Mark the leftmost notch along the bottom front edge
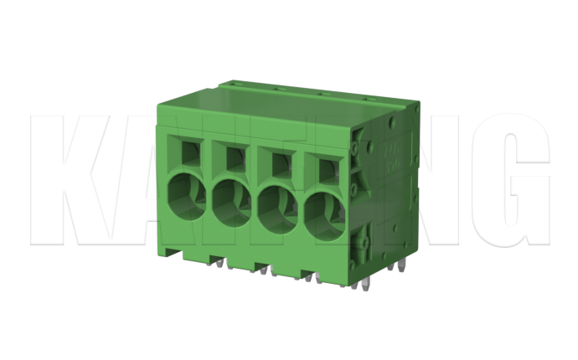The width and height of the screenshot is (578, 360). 173,252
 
